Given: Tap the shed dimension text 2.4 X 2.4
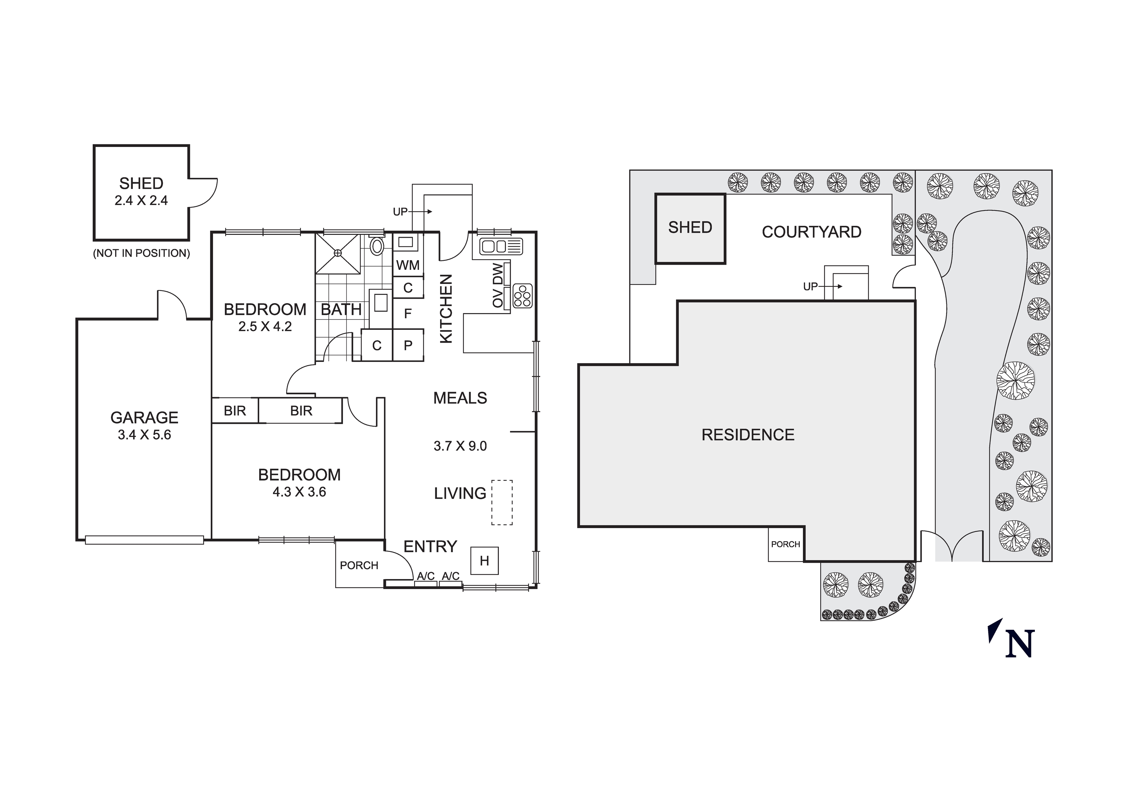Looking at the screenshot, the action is click(141, 201).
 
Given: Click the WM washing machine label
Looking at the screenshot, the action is click(408, 265).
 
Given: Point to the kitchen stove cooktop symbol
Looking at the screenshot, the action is click(522, 296).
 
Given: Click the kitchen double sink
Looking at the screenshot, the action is click(501, 246).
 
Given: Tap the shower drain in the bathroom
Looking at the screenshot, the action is click(337, 253).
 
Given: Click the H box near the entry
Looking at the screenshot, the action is click(484, 561).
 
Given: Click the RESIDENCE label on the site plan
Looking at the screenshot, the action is click(748, 435).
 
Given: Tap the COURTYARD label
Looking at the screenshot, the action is click(811, 232).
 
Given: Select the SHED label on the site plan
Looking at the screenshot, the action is click(690, 227).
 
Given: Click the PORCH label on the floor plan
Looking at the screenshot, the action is click(359, 566).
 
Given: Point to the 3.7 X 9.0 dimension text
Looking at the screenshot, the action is click(460, 446).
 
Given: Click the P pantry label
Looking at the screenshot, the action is click(408, 346).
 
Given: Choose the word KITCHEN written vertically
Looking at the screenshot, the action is click(446, 308).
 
